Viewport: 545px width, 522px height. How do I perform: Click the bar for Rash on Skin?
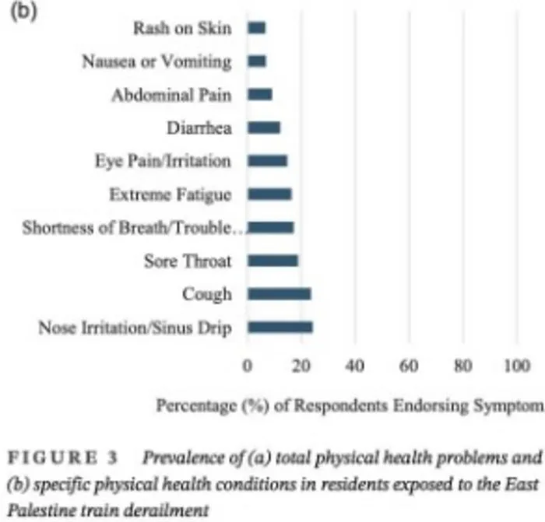click(x=256, y=28)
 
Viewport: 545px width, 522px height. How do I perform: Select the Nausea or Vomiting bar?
click(x=257, y=61)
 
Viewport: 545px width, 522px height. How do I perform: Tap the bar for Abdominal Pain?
click(x=259, y=94)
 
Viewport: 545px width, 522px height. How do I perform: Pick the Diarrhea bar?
click(x=264, y=128)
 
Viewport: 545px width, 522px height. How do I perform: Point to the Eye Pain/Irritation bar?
click(x=267, y=161)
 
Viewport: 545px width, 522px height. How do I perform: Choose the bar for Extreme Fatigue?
click(x=269, y=194)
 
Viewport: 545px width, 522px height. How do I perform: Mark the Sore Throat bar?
click(x=272, y=261)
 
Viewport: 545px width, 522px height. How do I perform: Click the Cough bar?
click(x=279, y=294)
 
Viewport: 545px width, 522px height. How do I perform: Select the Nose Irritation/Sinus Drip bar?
click(x=280, y=328)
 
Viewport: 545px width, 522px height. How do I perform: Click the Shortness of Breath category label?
click(x=132, y=228)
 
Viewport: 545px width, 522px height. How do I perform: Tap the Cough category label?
click(x=207, y=295)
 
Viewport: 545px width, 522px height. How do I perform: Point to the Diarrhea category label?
click(x=199, y=128)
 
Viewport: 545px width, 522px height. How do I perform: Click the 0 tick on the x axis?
click(x=247, y=366)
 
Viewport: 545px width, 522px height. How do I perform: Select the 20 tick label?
click(x=301, y=366)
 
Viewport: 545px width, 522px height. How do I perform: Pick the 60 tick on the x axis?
click(x=409, y=366)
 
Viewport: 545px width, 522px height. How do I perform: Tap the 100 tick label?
click(x=517, y=366)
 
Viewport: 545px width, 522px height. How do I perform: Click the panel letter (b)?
click(x=23, y=11)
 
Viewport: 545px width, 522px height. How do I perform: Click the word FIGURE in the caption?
click(x=52, y=457)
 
